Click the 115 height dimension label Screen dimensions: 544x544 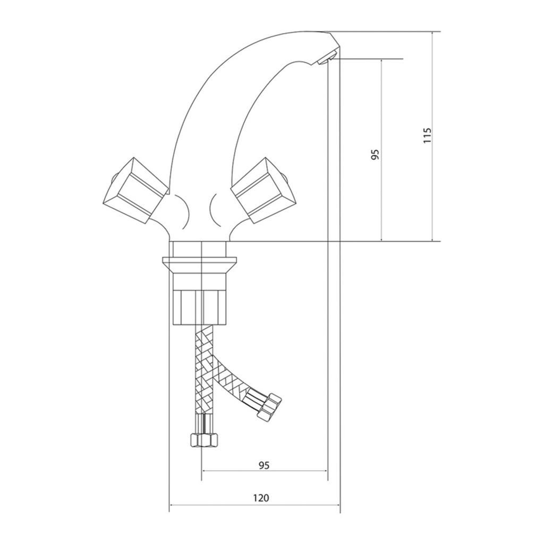pyautogui.click(x=428, y=135)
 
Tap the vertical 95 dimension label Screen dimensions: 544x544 pyautogui.click(x=376, y=155)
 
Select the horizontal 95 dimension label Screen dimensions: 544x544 pyautogui.click(x=263, y=465)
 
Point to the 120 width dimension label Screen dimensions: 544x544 pyautogui.click(x=261, y=498)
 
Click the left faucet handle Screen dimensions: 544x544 pyautogui.click(x=135, y=191)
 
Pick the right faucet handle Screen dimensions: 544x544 pyautogui.click(x=263, y=191)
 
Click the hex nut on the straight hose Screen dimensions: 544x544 pyautogui.click(x=205, y=440)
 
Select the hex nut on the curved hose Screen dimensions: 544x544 pyautogui.click(x=269, y=406)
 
